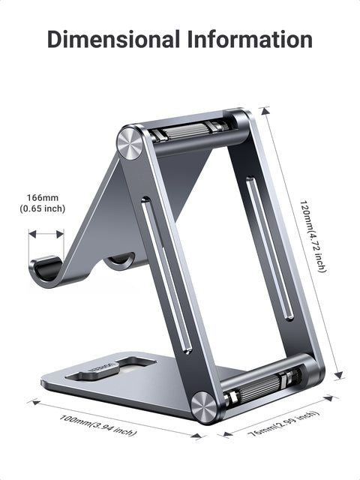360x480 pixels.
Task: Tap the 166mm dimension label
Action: click(43, 197)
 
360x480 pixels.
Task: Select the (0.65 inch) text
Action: click(43, 208)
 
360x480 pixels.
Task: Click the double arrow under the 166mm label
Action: click(46, 234)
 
